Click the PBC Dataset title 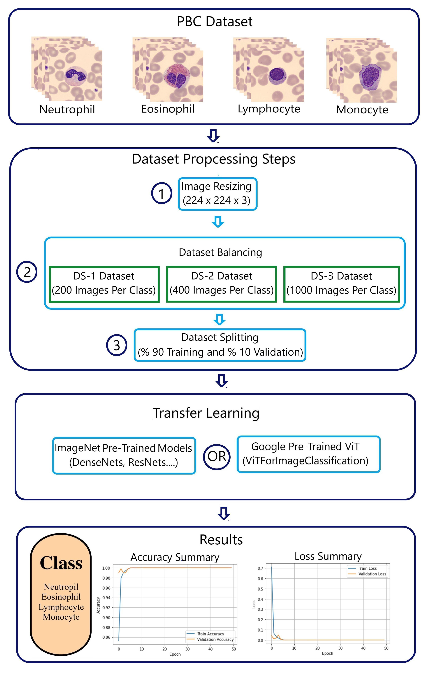(x=215, y=22)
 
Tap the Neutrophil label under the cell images (x=67, y=109)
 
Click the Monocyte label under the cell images (x=362, y=110)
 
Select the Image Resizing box (x=217, y=194)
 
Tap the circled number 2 (x=27, y=272)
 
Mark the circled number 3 (x=116, y=345)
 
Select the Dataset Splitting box (x=220, y=345)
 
